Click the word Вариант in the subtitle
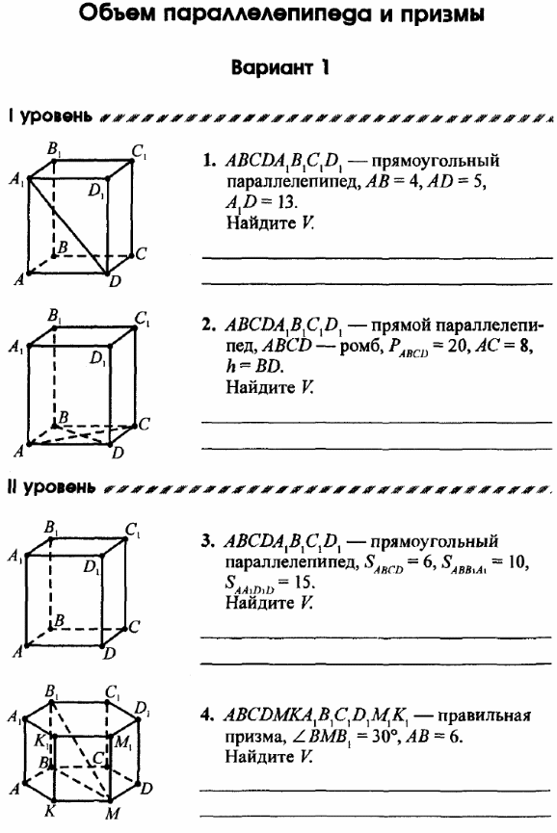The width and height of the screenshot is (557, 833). pyautogui.click(x=272, y=68)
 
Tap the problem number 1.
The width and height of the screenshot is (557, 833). pyautogui.click(x=209, y=160)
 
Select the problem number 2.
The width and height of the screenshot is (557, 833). pyautogui.click(x=208, y=325)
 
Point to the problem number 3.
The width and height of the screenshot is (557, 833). pyautogui.click(x=208, y=541)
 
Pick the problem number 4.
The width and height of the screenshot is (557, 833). pyautogui.click(x=207, y=716)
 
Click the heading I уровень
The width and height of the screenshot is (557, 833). pyautogui.click(x=51, y=116)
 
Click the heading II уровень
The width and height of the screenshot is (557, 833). pyautogui.click(x=53, y=487)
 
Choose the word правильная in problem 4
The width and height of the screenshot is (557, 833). pyautogui.click(x=484, y=716)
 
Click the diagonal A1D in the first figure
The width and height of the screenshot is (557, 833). pyautogui.click(x=67, y=225)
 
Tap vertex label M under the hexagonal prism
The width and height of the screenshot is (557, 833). pyautogui.click(x=113, y=814)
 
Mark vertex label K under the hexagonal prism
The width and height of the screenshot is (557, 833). pyautogui.click(x=50, y=811)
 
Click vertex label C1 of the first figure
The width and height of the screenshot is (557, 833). pyautogui.click(x=140, y=152)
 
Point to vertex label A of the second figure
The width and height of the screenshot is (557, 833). pyautogui.click(x=18, y=452)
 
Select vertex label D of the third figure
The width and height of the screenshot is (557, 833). pyautogui.click(x=110, y=653)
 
